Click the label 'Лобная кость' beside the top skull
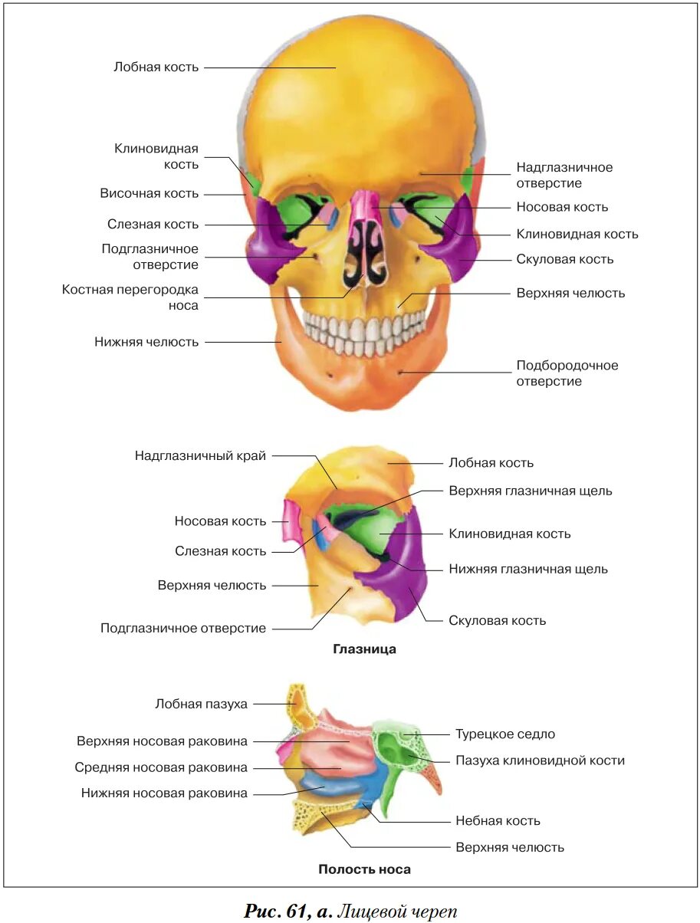(x=156, y=67)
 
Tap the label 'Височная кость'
(x=149, y=194)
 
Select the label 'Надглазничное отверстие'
(x=564, y=175)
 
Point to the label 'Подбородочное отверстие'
(x=567, y=373)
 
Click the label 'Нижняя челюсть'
(x=146, y=342)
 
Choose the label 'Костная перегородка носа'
(x=130, y=297)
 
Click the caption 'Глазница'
(x=364, y=649)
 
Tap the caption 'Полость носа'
(x=364, y=869)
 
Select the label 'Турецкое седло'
(x=504, y=734)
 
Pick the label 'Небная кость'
(x=498, y=821)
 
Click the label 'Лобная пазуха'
(x=201, y=704)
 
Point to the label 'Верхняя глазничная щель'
(x=531, y=491)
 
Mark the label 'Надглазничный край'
(x=200, y=456)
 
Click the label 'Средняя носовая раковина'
(x=161, y=767)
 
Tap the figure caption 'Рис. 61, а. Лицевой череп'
(x=350, y=911)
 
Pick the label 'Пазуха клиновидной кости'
(x=540, y=760)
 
